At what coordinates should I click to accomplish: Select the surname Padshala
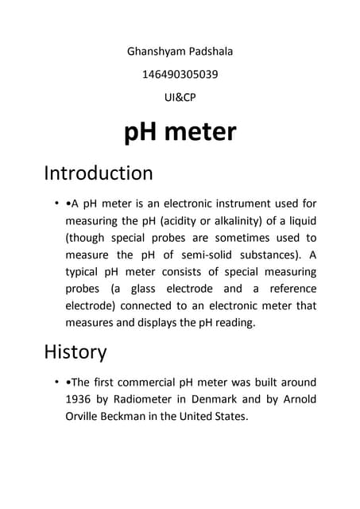208,52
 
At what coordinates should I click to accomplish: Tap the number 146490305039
180,75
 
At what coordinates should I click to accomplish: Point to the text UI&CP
180,98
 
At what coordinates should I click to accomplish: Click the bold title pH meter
180,132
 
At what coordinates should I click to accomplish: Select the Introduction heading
98,173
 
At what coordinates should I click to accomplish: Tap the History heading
75,351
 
